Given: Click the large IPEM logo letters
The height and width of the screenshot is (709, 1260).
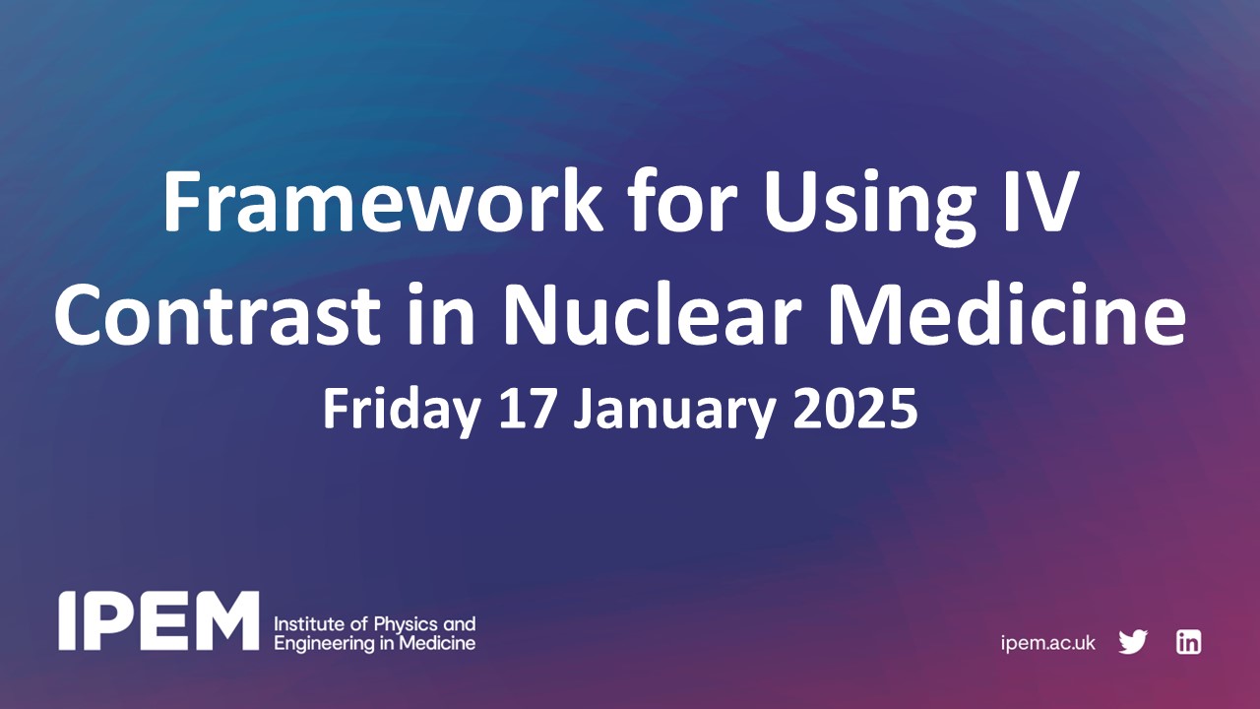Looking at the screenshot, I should click(158, 621).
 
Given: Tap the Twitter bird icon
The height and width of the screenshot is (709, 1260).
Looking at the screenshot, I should click(1133, 642).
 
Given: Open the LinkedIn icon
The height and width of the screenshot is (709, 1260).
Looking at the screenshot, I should click(1188, 642).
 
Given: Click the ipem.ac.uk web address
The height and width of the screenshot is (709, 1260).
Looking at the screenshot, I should click(1047, 643).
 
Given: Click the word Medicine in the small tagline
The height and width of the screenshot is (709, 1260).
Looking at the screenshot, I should click(440, 644).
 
